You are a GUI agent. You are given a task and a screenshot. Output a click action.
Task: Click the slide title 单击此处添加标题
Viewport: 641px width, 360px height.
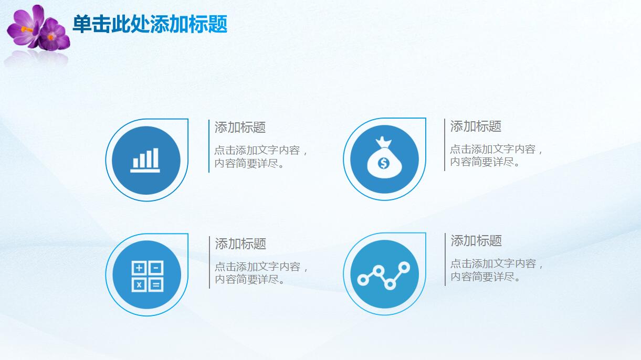[150, 24]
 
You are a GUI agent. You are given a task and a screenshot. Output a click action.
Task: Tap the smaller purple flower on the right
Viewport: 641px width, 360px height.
[54, 35]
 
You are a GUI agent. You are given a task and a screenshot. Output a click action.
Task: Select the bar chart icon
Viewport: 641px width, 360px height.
[145, 160]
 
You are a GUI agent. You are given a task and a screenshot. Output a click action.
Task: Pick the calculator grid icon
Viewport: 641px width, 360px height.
[148, 276]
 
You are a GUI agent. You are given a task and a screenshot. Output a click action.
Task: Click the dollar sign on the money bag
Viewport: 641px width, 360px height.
[383, 164]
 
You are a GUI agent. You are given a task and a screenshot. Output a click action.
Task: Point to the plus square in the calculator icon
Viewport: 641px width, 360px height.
[139, 268]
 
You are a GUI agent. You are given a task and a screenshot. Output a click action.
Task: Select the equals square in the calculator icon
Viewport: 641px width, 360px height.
[156, 284]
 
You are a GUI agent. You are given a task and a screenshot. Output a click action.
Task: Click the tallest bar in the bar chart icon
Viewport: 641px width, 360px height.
[155, 158]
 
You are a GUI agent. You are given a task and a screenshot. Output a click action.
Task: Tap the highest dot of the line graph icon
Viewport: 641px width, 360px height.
[404, 267]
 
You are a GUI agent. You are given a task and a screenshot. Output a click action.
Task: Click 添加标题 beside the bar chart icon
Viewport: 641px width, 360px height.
[240, 127]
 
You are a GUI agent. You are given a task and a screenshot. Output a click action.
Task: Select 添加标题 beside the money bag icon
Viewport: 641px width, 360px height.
[476, 126]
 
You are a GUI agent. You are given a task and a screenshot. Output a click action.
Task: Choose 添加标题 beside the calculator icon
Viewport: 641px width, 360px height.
[240, 243]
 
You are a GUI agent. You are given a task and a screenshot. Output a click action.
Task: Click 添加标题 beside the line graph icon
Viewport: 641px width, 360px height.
[476, 240]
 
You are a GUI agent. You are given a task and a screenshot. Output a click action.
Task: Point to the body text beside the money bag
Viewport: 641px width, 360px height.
[497, 155]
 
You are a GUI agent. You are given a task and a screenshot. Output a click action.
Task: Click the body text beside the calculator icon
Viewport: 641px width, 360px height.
[261, 273]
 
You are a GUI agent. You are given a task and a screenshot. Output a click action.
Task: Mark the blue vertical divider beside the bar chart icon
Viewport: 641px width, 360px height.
[209, 146]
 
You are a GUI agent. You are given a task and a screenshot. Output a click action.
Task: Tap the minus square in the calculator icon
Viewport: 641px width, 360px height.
[156, 268]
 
